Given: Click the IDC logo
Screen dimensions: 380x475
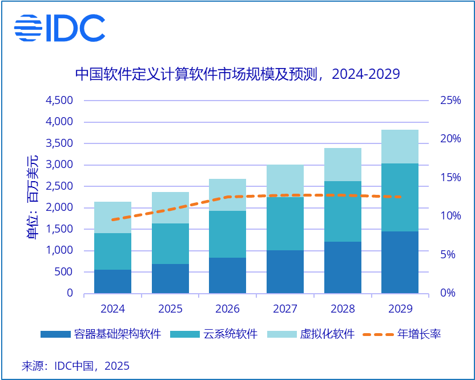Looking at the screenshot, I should pos(59,27).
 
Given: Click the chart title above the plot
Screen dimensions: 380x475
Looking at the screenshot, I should pos(237,74).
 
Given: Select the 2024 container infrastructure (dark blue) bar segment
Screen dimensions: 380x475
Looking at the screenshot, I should pos(112,281).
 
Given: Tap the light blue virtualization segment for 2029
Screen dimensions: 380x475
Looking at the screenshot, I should pos(400,146).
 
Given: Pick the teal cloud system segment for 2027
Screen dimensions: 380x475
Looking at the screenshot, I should pos(285,223).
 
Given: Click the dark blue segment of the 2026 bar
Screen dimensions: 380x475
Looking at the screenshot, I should pos(227,275).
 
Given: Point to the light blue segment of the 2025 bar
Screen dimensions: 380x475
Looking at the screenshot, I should pos(170,207).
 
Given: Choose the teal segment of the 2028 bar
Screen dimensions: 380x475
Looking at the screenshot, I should pos(343,211).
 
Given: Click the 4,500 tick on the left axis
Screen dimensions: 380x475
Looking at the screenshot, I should pos(59,101).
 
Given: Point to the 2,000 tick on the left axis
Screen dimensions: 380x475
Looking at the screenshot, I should pos(59,208).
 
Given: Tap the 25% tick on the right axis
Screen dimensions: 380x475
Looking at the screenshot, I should pos(450,101).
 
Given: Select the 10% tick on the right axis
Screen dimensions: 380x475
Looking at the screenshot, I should pos(450,216).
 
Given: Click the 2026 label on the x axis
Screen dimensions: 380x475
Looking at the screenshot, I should pos(227,309).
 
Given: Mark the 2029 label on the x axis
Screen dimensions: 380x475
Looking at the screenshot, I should pos(400,309).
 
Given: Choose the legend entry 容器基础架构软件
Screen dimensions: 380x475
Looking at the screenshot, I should pos(100,334).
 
